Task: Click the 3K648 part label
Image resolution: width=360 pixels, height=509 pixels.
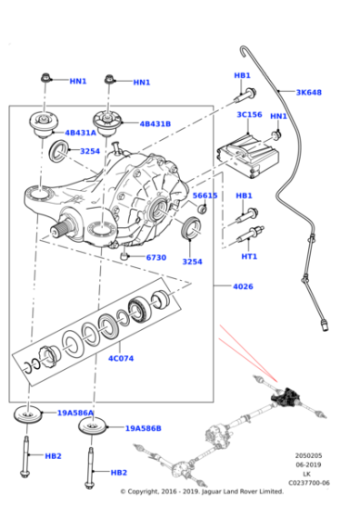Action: (x=308, y=92)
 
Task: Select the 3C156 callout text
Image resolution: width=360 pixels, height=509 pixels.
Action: (x=249, y=115)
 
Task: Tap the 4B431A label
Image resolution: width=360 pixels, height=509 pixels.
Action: (x=79, y=133)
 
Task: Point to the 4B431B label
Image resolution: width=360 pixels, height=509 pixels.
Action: (x=155, y=123)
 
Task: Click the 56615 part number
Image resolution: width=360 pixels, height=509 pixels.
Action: (x=205, y=195)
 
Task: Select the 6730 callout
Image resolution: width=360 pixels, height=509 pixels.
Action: (x=156, y=257)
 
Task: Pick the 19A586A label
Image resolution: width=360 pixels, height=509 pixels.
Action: (x=75, y=413)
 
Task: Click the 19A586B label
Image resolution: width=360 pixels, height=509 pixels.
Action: (x=143, y=427)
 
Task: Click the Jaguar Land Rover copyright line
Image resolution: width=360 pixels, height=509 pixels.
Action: (x=189, y=492)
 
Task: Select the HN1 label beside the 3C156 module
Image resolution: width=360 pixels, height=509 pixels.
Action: (x=278, y=116)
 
